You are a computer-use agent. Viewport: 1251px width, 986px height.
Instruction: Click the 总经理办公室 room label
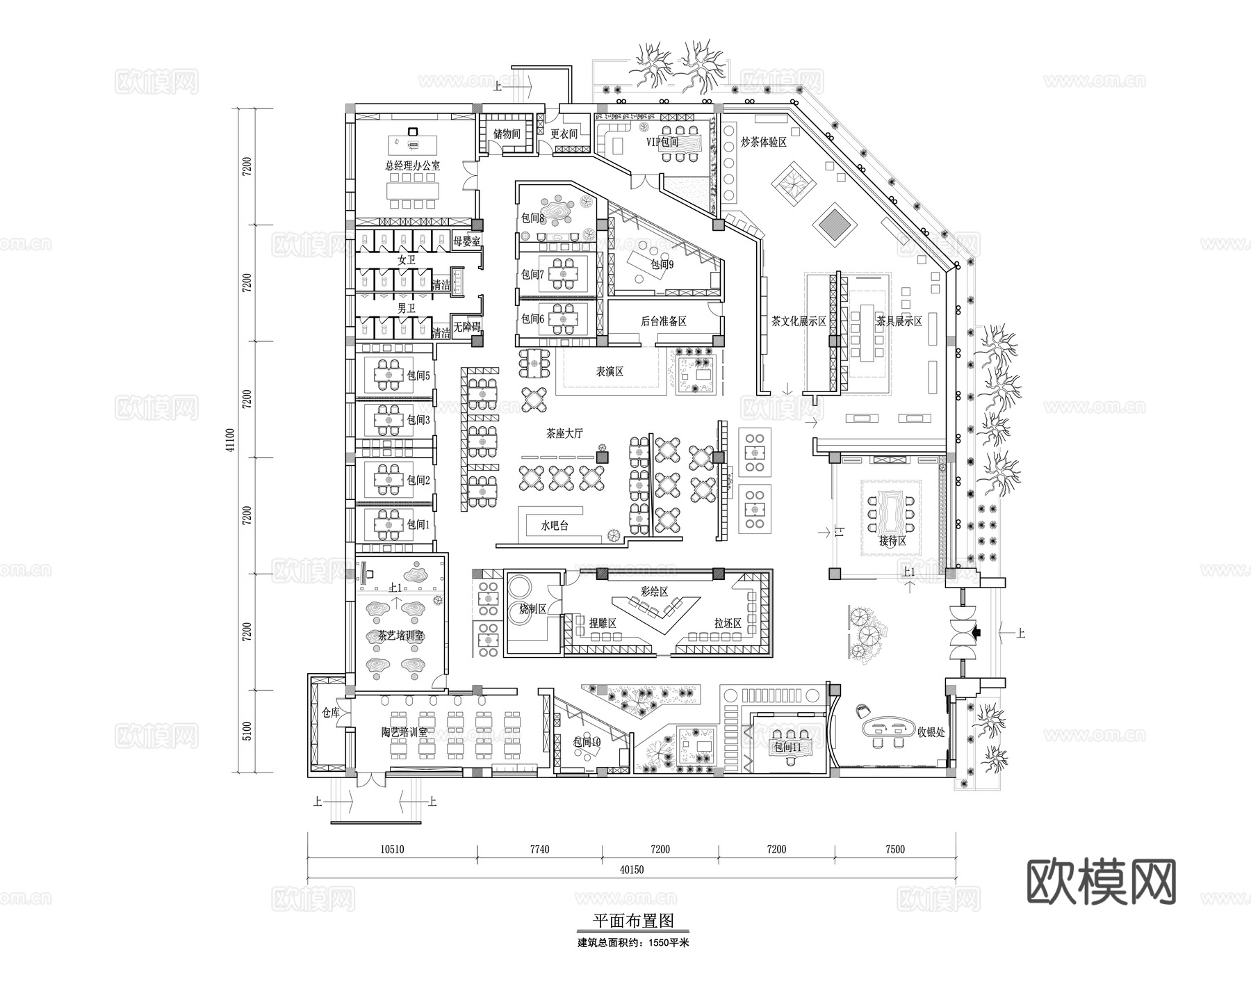coord(412,166)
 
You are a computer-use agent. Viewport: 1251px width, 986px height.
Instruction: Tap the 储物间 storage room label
coord(507,134)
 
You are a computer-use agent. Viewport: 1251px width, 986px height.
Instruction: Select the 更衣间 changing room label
coord(564,134)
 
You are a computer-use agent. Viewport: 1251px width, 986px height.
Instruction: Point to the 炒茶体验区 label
coord(763,143)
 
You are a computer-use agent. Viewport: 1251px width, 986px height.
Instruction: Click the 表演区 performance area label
coord(610,372)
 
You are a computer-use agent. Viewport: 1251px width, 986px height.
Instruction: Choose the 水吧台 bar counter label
coord(555,526)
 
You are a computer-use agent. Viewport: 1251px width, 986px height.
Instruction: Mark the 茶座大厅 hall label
coord(564,434)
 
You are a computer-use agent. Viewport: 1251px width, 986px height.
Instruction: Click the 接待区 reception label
coord(892,541)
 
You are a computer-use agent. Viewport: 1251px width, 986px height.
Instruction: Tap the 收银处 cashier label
coord(931,732)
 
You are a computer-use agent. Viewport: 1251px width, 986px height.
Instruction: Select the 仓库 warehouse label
coord(331,713)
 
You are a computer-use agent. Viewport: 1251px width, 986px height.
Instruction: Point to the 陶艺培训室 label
coord(404,733)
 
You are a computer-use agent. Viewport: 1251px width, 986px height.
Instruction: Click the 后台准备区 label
coord(663,321)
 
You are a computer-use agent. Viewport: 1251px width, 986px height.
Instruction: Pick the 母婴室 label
coord(466,241)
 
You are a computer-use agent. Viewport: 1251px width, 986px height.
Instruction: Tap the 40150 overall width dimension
coord(632,870)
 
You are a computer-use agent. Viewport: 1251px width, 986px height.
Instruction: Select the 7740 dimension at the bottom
coord(539,849)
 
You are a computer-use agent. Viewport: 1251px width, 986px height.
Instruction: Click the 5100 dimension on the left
coord(247,731)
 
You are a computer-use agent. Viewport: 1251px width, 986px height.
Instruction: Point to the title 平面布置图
coord(632,921)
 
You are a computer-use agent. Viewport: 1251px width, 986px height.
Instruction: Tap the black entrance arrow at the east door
coord(976,633)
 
